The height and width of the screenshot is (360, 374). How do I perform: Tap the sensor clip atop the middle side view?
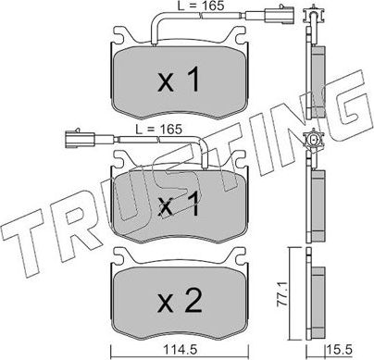coord(314,141)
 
